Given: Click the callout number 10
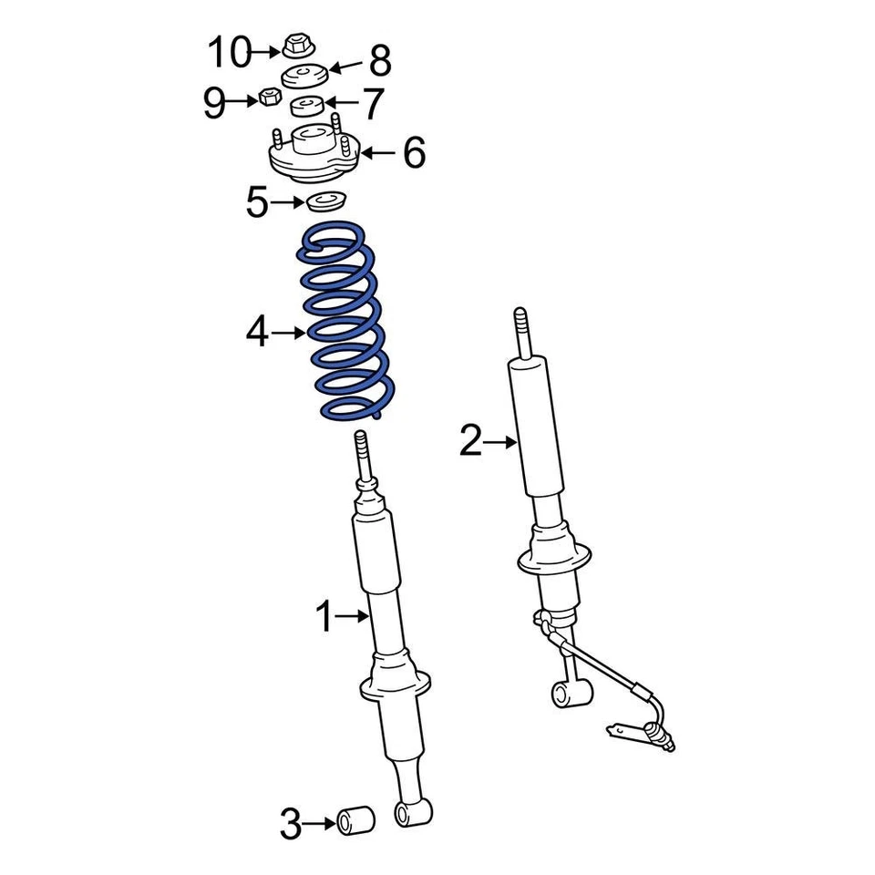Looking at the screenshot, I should pos(229,53).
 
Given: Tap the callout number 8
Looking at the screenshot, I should pos(379,62).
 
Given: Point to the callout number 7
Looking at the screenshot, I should pos(374,104).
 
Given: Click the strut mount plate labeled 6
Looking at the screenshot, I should pos(313,156).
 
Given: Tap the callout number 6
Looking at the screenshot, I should pos(414,153).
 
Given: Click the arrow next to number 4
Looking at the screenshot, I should pos(290,334).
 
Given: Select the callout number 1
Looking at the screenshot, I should pos(325,618).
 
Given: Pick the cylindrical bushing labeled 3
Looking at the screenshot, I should pos(357,819).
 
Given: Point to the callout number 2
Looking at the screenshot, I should pos(470,442).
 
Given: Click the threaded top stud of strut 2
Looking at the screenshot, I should pos(520,329).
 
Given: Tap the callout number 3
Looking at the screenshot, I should pos(290,827).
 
